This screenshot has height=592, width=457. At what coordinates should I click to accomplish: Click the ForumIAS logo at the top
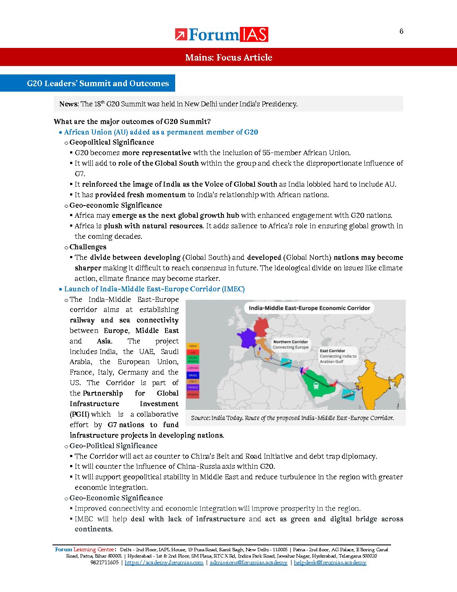pyautogui.click(x=221, y=34)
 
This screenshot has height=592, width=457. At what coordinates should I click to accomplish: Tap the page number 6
pyautogui.click(x=401, y=31)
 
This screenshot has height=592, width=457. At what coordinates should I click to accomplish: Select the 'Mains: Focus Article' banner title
pyautogui.click(x=228, y=58)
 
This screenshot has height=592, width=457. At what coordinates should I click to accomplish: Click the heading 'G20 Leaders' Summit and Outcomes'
pyautogui.click(x=98, y=83)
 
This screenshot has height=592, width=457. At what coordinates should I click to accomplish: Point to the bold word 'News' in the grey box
pyautogui.click(x=68, y=104)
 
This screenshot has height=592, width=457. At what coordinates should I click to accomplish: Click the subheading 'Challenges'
pyautogui.click(x=88, y=247)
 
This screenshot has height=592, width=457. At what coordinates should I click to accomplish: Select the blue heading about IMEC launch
pyautogui.click(x=154, y=289)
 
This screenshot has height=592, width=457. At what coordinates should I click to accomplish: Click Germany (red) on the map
pyautogui.click(x=261, y=326)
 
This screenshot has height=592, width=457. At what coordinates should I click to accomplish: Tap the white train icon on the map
pyautogui.click(x=315, y=386)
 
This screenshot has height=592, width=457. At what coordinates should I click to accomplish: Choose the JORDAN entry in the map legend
pyautogui.click(x=193, y=368)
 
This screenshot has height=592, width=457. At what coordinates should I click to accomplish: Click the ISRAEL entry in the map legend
pyautogui.click(x=193, y=375)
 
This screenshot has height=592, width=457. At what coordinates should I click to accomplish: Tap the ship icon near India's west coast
pyautogui.click(x=347, y=393)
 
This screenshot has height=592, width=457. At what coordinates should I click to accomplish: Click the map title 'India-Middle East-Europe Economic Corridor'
pyautogui.click(x=309, y=308)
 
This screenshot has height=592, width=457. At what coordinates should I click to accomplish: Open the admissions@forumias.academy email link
pyautogui.click(x=248, y=563)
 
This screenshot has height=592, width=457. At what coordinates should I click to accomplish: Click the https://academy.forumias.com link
pyautogui.click(x=164, y=563)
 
